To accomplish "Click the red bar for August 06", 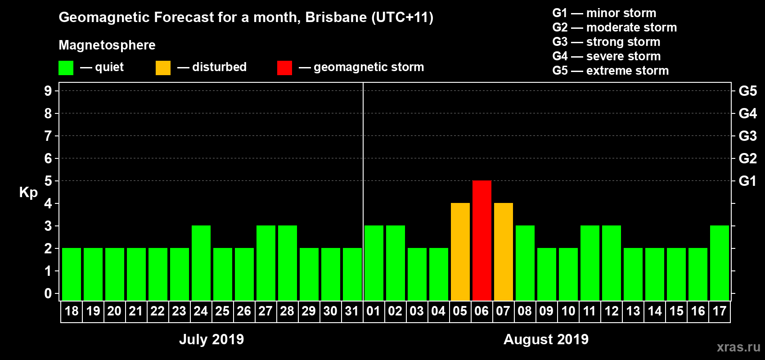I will (x=481, y=240).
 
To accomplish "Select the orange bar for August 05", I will (x=460, y=252).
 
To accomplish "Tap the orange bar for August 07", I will (x=503, y=252).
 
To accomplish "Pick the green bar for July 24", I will (x=201, y=263).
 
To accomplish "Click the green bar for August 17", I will (x=719, y=263).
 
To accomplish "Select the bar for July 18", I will (x=71, y=274).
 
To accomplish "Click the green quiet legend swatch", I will (x=66, y=68).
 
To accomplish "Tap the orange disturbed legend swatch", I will (x=163, y=68).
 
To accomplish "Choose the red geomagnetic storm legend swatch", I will (x=284, y=68).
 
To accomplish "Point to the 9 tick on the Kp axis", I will (x=48, y=91).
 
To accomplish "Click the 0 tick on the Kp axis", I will (x=48, y=294).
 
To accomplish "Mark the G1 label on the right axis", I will (x=747, y=181).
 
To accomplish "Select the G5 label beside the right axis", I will (x=747, y=91).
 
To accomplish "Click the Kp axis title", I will (x=28, y=193).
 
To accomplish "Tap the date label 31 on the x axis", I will (x=351, y=311).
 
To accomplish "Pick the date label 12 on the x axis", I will (x=611, y=311).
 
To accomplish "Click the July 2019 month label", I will (x=211, y=339).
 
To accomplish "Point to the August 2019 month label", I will (x=546, y=339).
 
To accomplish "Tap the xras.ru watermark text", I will (x=738, y=347).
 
